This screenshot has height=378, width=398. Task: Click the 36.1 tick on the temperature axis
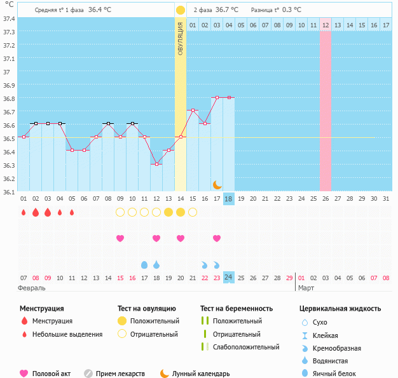[9, 191]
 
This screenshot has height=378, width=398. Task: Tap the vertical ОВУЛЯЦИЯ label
[181, 38]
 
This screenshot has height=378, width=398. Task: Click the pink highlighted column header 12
[326, 25]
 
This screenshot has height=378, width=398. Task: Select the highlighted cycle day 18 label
[229, 199]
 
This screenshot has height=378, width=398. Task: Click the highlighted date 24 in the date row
[229, 278]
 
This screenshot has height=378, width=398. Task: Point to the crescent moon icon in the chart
[217, 184]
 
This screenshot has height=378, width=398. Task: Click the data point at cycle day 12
[156, 164]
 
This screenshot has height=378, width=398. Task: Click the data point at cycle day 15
[193, 111]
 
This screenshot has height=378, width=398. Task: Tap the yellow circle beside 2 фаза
[181, 10]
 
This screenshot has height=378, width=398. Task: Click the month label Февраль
[32, 288]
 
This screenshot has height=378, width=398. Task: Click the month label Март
[306, 288]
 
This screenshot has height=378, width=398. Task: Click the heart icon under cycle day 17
[217, 238]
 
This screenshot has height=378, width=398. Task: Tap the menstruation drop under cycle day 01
[24, 212]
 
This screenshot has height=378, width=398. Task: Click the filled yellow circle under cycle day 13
[168, 212]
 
